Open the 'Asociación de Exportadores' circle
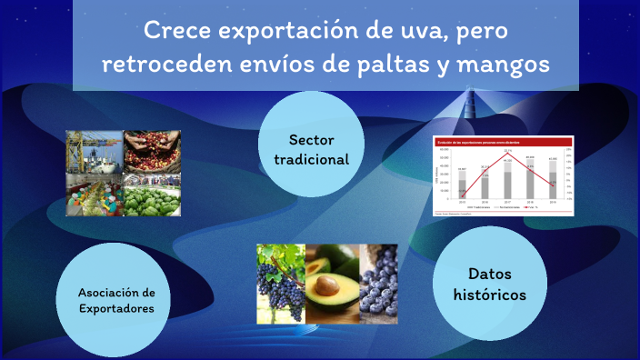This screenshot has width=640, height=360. click(116, 300)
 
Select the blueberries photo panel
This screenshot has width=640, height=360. click(378, 283)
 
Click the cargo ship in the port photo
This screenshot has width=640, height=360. click(95, 150)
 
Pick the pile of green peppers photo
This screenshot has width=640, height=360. click(152, 194)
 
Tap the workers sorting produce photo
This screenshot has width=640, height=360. click(95, 194)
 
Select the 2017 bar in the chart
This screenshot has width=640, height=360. click(508, 182)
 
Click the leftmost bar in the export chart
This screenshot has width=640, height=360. click(463, 187)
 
